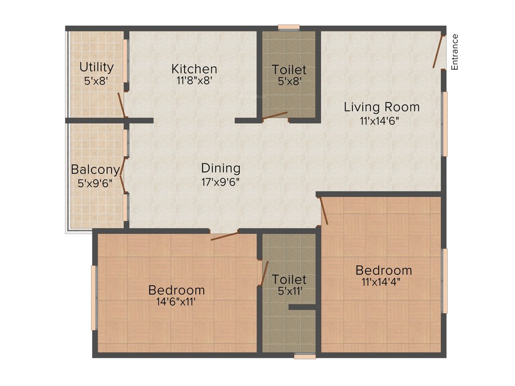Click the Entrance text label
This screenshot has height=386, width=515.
tap(455, 52)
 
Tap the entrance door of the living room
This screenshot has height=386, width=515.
tap(439, 51)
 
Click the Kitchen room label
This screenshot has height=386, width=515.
tap(194, 69)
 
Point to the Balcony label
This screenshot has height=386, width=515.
tap(96, 169)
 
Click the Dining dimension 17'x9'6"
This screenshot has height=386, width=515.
tap(220, 182)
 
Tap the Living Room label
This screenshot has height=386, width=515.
tap(382, 107)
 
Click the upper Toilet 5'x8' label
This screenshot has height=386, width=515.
tap(289, 70)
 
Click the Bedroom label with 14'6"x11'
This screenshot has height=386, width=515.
tap(177, 290)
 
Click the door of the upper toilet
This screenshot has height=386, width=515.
tap(275, 116)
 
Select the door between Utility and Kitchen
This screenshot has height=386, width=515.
tap(121, 105)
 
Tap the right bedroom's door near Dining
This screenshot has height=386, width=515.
tap(324, 210)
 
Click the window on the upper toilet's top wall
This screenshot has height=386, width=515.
tap(289, 27)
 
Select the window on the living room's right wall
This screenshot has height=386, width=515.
tap(445, 124)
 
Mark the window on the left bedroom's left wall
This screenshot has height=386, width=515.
tap(94, 298)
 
